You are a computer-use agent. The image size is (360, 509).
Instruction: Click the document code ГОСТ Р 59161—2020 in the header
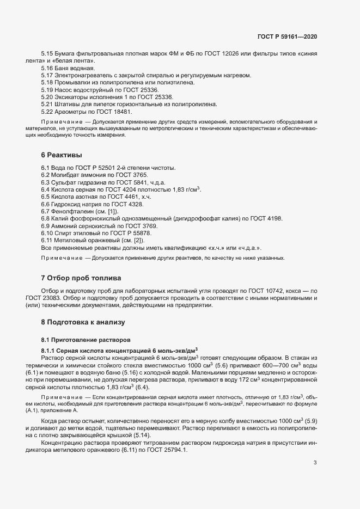click(x=287, y=36)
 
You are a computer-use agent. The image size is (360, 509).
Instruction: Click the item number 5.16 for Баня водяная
click(x=47, y=68)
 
